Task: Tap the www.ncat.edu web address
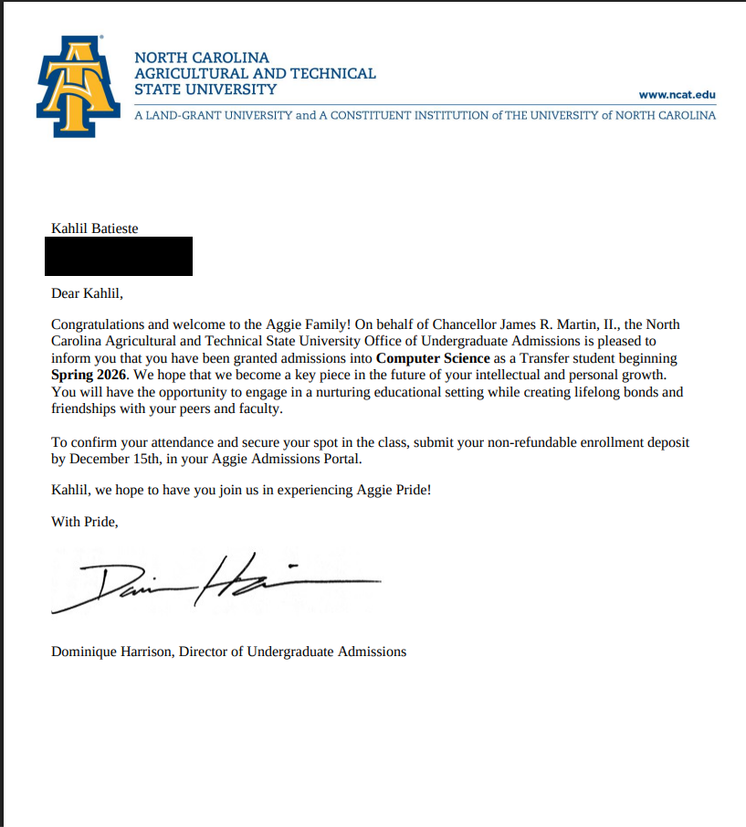(x=677, y=95)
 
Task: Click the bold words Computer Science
(x=433, y=358)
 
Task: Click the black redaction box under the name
(x=119, y=256)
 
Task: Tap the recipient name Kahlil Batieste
(x=95, y=228)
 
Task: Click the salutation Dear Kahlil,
(x=87, y=293)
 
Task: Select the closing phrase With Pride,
(x=85, y=522)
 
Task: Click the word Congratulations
(x=97, y=324)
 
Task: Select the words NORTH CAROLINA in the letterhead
(x=202, y=58)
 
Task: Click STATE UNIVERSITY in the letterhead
(x=205, y=90)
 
